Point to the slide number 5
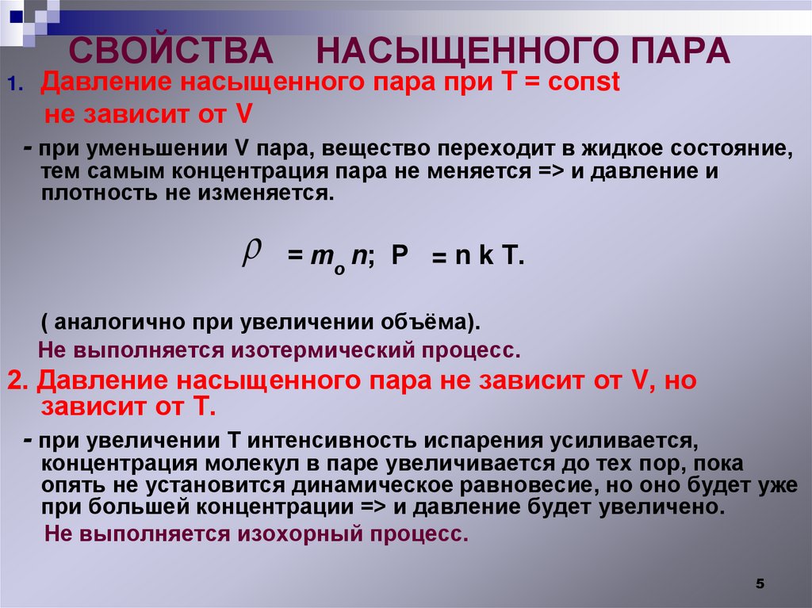click(x=760, y=583)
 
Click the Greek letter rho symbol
click(x=251, y=254)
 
